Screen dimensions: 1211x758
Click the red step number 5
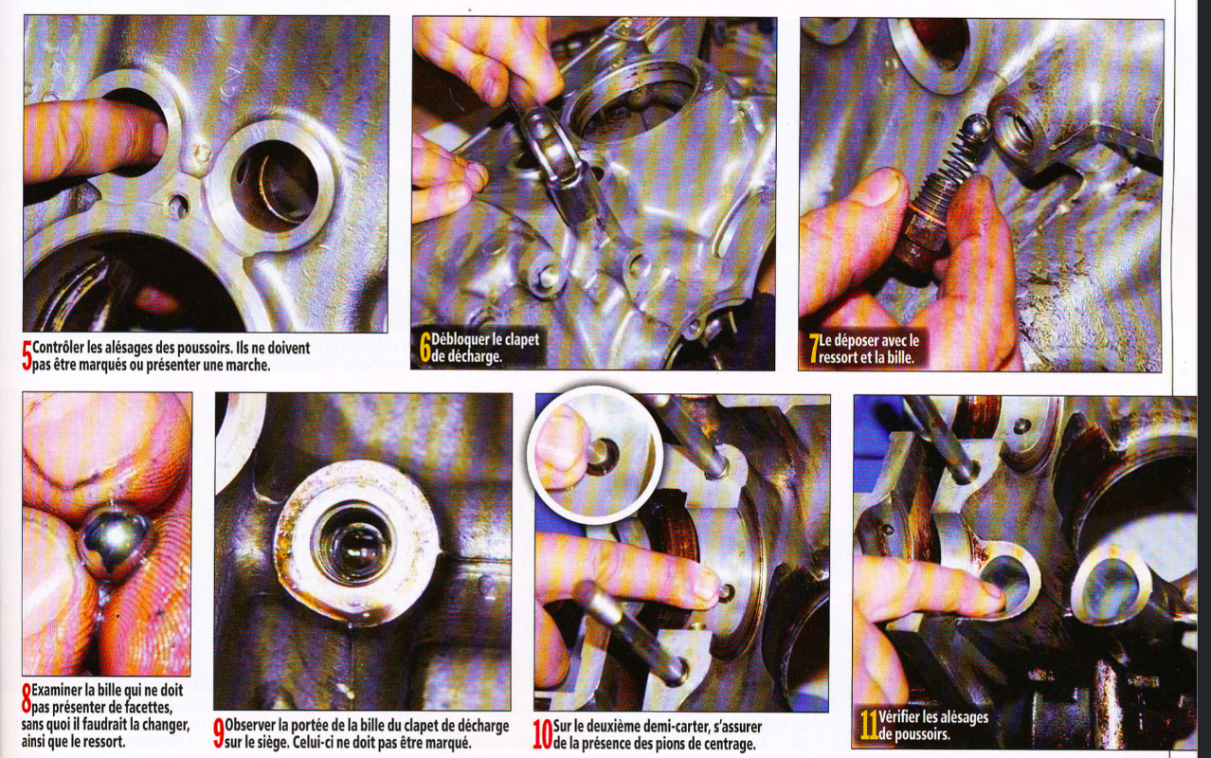tap(27, 355)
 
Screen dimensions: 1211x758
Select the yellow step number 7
tap(814, 348)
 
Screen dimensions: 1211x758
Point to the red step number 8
tap(27, 698)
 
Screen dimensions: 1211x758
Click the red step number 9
tap(218, 733)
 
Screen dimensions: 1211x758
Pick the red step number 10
tap(542, 734)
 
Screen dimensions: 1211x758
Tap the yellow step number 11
tap(869, 725)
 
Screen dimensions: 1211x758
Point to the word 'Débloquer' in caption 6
tap(461, 339)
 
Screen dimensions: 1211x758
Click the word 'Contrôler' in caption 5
tap(58, 348)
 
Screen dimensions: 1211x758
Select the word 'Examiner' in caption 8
tap(57, 691)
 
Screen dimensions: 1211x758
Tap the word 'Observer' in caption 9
tap(250, 726)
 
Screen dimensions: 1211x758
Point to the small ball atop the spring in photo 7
tap(979, 127)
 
